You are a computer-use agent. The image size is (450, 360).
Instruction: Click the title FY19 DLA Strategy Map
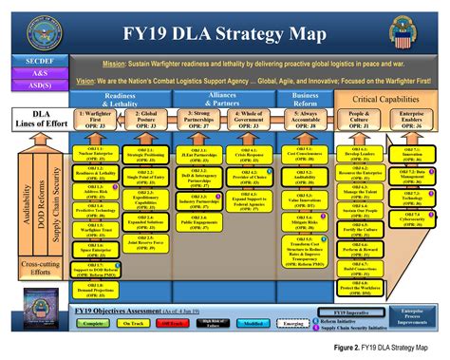(x=224, y=36)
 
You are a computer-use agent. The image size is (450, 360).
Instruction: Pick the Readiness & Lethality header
(x=127, y=100)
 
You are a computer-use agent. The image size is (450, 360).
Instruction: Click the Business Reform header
(x=305, y=100)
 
